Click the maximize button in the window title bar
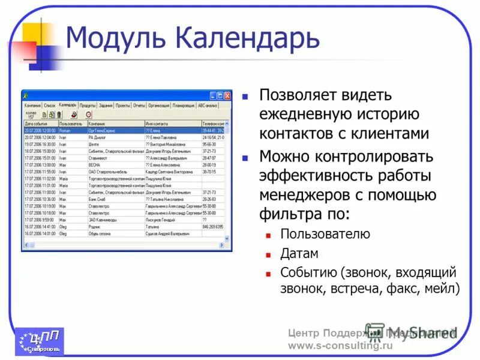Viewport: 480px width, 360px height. tap(220, 96)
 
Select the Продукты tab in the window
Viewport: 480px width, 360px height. tap(88, 105)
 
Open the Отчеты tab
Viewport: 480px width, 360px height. tap(139, 105)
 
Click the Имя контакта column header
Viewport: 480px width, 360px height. tap(158, 124)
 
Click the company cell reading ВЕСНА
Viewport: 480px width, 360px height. tap(95, 164)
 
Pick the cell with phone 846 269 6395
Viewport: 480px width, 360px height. tap(212, 227)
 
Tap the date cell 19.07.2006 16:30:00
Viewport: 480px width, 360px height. tap(40, 144)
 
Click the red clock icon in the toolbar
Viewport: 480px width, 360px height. tap(89, 114)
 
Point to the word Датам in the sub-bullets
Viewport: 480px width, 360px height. tap(299, 253)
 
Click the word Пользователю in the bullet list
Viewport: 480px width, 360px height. tap(325, 234)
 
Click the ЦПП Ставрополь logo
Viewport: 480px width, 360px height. tap(40, 341)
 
